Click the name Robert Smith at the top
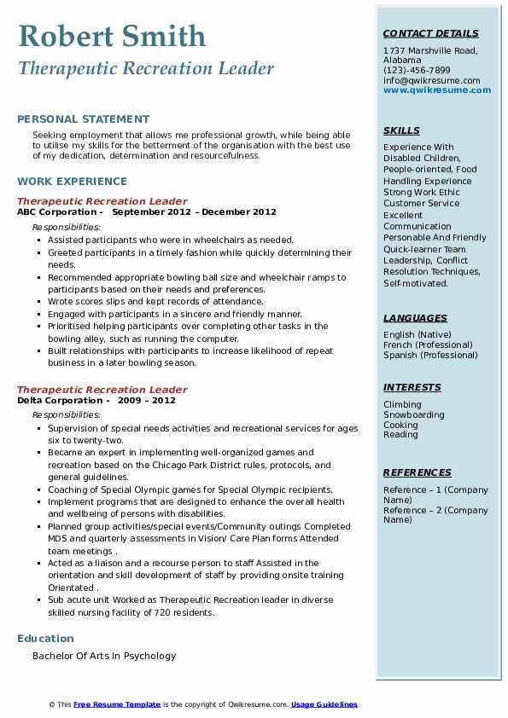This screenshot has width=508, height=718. (x=112, y=36)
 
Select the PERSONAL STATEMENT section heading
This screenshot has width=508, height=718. (x=83, y=119)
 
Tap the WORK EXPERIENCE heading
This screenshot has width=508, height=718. (x=72, y=182)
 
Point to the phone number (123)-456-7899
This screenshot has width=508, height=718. (x=417, y=71)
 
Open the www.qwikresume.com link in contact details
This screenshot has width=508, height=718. (x=431, y=90)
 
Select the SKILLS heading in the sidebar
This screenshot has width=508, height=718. (x=401, y=130)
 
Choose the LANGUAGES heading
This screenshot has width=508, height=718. (x=415, y=318)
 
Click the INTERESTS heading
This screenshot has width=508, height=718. (x=412, y=387)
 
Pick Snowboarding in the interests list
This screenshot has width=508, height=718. (x=413, y=415)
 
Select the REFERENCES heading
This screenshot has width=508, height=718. (x=417, y=472)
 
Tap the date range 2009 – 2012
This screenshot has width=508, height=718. (x=146, y=401)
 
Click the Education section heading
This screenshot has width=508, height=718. (x=45, y=639)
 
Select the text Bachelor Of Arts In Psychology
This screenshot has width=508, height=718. (x=104, y=656)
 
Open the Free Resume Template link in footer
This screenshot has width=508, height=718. (x=117, y=704)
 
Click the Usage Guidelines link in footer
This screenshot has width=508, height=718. (x=324, y=704)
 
